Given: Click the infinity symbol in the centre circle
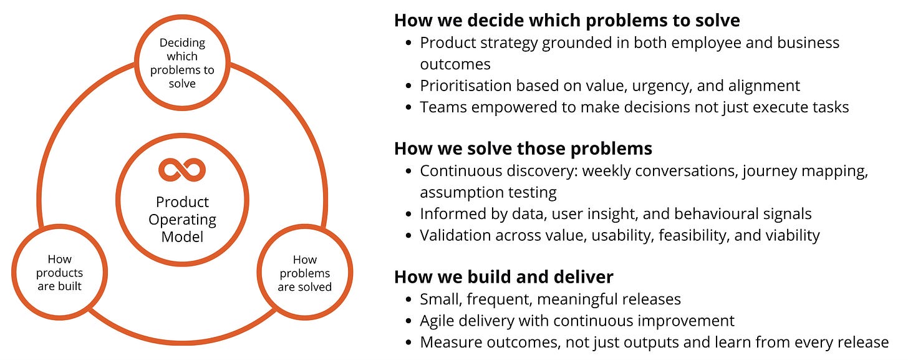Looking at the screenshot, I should (182, 170).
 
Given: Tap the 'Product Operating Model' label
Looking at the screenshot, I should (182, 220).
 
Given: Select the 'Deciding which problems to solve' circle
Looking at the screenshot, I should (182, 63).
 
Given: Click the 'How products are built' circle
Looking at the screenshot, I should (59, 273).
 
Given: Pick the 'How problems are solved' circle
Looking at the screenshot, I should (305, 273).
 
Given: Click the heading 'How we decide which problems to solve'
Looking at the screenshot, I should (567, 20).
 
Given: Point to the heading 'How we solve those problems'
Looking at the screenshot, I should (523, 148).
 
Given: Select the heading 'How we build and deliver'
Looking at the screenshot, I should (504, 276).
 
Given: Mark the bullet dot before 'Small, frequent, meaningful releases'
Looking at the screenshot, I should (408, 300).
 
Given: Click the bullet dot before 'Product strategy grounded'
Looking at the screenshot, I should (408, 44).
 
